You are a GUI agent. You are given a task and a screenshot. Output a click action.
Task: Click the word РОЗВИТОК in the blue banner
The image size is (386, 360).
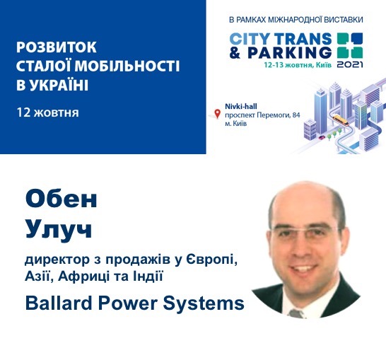(x=57, y=47)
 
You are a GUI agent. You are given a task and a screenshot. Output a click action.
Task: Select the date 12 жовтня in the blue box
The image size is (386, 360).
(x=48, y=112)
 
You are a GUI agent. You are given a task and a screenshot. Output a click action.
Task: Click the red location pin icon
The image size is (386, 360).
(x=217, y=114)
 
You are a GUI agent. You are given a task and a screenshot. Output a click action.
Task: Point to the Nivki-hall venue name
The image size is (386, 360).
(x=241, y=106)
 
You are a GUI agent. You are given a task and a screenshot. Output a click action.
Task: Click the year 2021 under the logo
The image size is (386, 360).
(x=350, y=64)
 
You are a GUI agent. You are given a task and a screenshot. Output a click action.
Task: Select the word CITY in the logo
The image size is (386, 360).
(x=250, y=39)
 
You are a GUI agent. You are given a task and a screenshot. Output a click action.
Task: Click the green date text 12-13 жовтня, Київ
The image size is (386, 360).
(x=298, y=65)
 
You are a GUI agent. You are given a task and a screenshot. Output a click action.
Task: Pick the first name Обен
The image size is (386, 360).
(x=62, y=199)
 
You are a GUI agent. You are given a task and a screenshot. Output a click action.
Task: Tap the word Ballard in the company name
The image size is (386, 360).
(x=59, y=303)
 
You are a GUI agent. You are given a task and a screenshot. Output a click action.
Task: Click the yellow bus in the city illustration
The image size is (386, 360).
(x=341, y=120)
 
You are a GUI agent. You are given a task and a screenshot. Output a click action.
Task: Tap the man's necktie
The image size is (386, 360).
(x=296, y=313)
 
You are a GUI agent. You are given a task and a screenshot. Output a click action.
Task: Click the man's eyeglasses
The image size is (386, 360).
(x=305, y=232)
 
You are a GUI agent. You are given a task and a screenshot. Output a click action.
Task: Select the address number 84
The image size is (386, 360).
(x=296, y=115)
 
